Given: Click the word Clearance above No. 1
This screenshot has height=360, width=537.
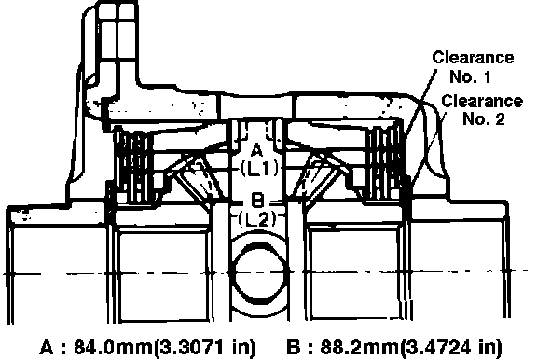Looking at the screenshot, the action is (473, 58).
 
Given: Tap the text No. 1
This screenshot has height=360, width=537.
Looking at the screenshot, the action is (470, 76).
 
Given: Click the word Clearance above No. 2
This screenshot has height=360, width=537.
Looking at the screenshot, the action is (482, 101).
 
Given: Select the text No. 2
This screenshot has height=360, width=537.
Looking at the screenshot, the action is (484, 118).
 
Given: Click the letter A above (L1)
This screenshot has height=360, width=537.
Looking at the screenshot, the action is (257, 150).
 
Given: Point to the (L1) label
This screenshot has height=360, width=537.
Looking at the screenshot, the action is (259, 169).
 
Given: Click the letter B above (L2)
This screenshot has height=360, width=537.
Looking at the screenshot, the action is (257, 200).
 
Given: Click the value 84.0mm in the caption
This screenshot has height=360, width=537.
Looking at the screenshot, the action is (113, 347).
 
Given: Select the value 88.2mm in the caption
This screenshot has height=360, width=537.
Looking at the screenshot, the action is (359, 347).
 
